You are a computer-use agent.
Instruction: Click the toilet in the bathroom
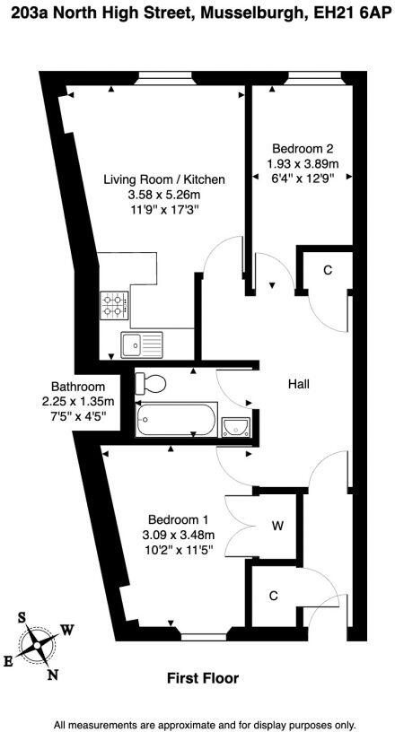click(151, 384)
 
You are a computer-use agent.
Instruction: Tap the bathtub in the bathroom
click(176, 419)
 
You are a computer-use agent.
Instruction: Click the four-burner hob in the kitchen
click(115, 306)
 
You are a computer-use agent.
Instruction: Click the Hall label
click(298, 384)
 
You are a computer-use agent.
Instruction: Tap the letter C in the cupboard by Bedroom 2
click(328, 270)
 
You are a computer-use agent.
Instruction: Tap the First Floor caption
click(203, 679)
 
